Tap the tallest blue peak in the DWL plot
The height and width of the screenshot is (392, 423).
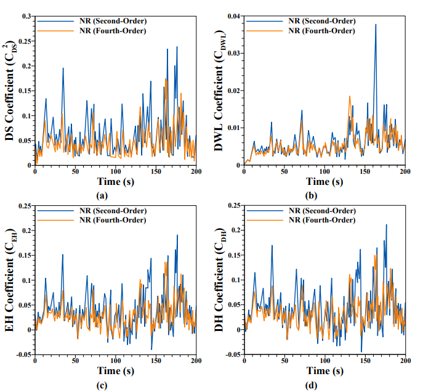tap(376, 25)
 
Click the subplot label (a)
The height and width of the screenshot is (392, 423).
tap(103, 195)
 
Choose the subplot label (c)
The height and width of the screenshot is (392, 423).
tap(103, 386)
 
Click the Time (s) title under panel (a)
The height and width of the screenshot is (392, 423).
tap(115, 182)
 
